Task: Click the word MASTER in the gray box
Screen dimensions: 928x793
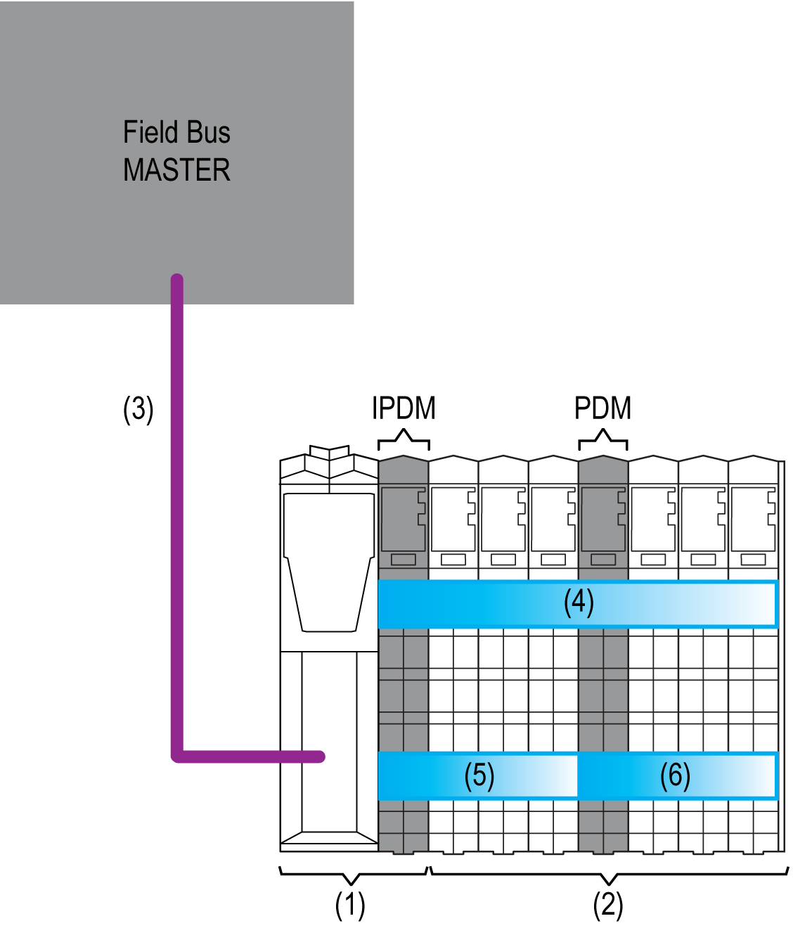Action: (x=176, y=171)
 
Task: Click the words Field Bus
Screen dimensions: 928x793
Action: (x=176, y=132)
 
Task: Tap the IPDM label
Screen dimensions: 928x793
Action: (x=404, y=408)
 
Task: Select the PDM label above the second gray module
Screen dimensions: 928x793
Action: (x=602, y=408)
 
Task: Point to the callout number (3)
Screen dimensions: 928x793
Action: (x=138, y=409)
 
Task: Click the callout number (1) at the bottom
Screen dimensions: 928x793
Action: (x=349, y=906)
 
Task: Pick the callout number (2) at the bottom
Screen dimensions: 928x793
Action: (x=607, y=906)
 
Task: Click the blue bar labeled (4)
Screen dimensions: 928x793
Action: (x=578, y=604)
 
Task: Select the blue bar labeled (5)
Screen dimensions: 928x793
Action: (x=478, y=775)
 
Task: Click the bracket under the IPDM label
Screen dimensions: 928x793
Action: (x=404, y=441)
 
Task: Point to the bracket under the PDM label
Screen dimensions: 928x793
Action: (x=602, y=441)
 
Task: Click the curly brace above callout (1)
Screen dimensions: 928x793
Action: (x=351, y=876)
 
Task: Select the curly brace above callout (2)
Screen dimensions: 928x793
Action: (x=609, y=876)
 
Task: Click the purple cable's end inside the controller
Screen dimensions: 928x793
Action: (x=320, y=756)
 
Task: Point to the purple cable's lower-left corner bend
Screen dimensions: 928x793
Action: (x=177, y=756)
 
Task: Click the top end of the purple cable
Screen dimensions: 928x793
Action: (x=177, y=280)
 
